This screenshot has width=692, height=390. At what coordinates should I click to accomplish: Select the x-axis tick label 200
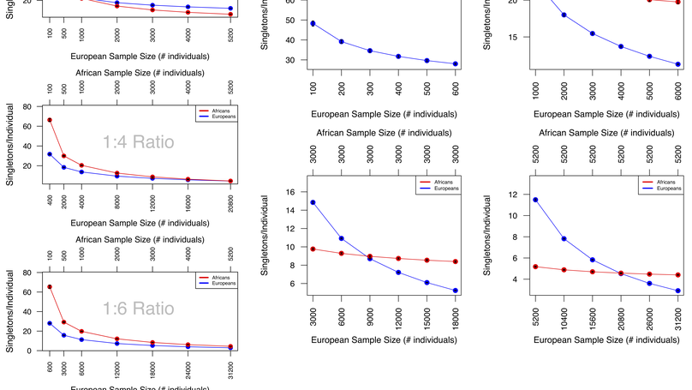(341, 88)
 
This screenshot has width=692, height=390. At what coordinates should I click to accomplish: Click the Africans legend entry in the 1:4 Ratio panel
(218, 111)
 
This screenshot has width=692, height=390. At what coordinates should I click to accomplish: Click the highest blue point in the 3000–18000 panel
(313, 202)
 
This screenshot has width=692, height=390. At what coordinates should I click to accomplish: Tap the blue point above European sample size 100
(313, 23)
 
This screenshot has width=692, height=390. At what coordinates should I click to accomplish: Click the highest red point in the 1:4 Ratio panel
(50, 120)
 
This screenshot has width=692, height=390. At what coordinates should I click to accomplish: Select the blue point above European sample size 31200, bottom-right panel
(678, 291)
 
